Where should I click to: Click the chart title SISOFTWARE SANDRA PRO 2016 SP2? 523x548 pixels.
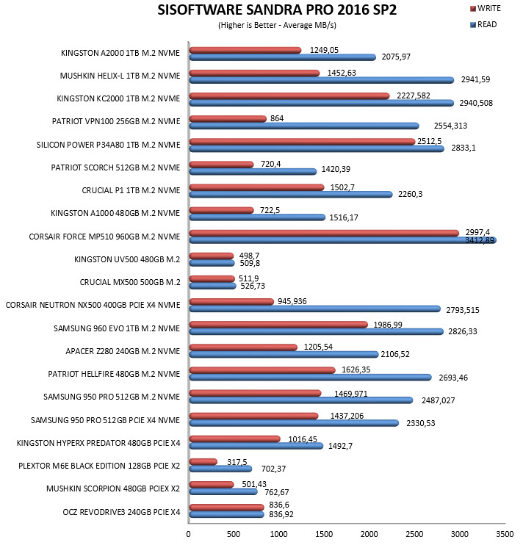point(277,10)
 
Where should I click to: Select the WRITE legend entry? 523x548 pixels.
point(486,8)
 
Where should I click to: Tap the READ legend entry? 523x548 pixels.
point(483,24)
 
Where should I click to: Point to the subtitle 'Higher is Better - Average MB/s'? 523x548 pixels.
point(277,25)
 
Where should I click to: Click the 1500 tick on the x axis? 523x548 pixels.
point(324,534)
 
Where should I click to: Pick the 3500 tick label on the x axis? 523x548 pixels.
point(505,534)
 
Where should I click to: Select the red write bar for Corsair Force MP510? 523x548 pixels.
point(324,233)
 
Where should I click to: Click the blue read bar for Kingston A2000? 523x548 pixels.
point(282,57)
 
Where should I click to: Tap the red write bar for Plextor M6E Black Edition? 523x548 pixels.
point(203,461)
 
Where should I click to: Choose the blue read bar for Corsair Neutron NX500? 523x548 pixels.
point(315,309)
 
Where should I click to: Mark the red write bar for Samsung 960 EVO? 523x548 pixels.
point(278,325)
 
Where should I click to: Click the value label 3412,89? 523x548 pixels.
point(480,240)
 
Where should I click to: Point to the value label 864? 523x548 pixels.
point(277,118)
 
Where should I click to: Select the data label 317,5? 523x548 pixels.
point(237,462)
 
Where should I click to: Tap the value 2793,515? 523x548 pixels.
point(463,310)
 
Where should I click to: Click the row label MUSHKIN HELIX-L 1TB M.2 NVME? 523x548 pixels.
point(120,76)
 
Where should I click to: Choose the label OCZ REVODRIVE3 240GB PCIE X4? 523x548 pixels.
point(121,512)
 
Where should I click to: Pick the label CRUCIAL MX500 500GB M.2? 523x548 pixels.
point(130,282)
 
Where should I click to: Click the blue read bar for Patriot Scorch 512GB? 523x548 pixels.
point(253,171)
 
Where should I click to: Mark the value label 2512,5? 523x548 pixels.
point(430,141)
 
